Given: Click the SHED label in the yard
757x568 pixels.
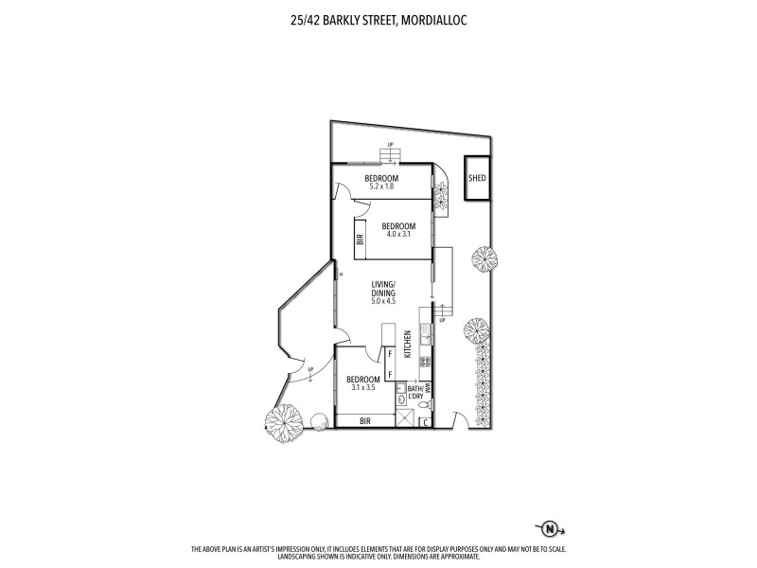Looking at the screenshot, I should [477, 178].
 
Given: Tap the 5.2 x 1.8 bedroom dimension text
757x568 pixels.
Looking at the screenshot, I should [381, 186].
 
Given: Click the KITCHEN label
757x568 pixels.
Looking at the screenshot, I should [408, 344].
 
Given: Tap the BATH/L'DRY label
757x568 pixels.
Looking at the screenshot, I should [415, 392].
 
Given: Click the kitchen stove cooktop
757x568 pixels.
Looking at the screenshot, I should [426, 361].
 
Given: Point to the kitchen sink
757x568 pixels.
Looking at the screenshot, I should [426, 332].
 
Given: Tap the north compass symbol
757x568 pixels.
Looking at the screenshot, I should [546, 528].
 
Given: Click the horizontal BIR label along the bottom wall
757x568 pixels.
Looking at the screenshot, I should [363, 419].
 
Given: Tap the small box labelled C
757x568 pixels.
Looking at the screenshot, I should [425, 421].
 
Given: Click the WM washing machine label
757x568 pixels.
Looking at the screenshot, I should [428, 388].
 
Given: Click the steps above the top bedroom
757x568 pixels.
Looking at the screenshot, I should [390, 155].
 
